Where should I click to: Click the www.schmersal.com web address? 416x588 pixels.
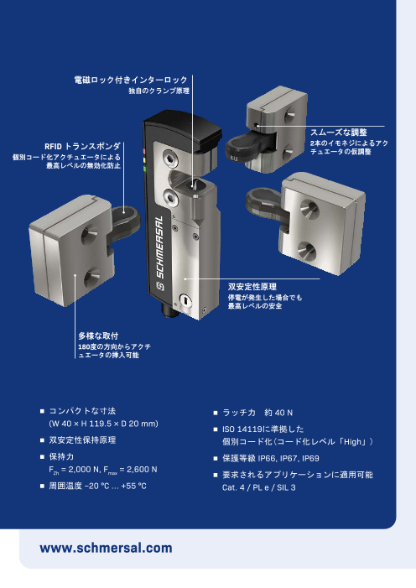point(107,548)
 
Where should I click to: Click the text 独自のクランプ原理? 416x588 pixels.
point(159,90)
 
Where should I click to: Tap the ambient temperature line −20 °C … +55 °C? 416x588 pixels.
point(98,487)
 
